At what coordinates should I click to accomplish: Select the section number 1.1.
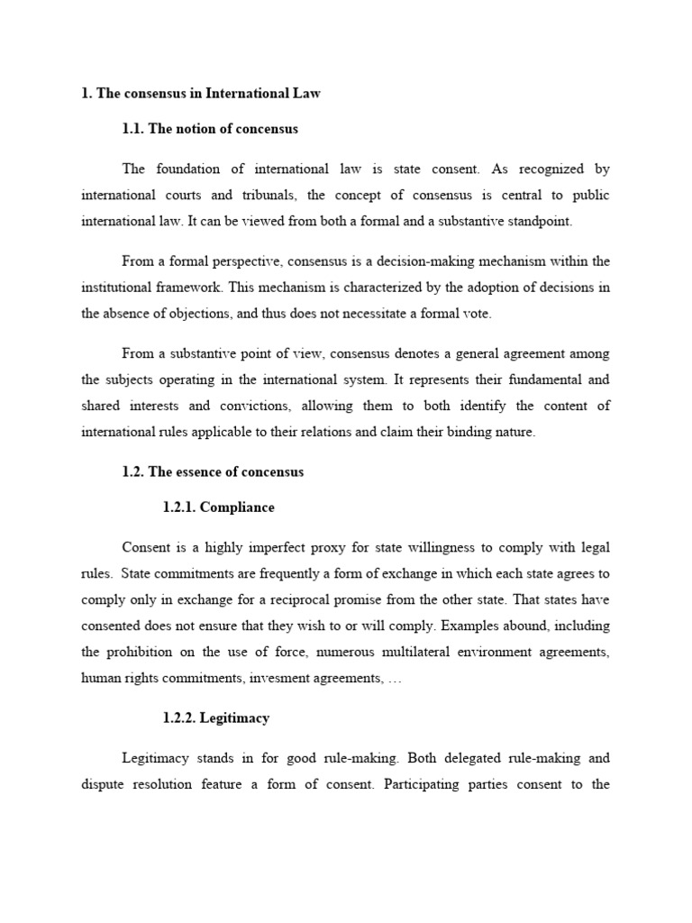tap(133, 129)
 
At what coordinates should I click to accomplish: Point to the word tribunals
tap(274, 195)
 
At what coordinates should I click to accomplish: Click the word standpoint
tap(533, 221)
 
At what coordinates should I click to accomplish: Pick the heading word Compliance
tap(237, 507)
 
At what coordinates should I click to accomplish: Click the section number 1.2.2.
tap(178, 718)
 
